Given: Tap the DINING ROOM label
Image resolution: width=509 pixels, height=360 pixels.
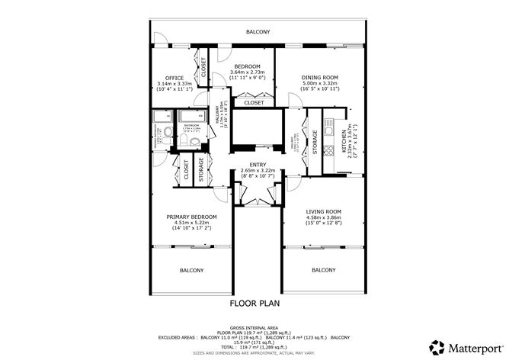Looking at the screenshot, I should (319, 77).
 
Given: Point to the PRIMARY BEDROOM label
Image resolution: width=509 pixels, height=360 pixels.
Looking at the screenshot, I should (191, 217).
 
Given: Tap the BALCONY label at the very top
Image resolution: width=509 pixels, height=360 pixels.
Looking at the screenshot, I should (258, 32).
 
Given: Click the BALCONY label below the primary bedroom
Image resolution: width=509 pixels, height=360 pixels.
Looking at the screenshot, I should (191, 270).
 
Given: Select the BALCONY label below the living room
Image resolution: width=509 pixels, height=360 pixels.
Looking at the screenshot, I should (324, 270).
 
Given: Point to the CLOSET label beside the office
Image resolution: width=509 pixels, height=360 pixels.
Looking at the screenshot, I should (203, 68).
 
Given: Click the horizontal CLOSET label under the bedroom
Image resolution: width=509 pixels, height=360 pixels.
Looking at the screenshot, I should (254, 102).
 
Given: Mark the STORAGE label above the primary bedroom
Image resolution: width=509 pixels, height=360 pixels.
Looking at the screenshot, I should (201, 169).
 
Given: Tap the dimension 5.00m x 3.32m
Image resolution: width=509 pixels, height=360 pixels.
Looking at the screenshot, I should (319, 83).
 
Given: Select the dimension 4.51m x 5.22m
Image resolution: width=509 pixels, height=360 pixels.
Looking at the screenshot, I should (191, 223).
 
